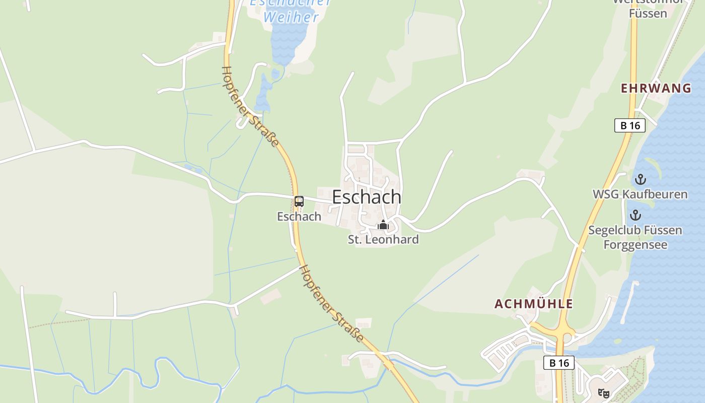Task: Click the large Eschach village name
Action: (x=367, y=197)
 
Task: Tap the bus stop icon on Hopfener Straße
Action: (x=299, y=201)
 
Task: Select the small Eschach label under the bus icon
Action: (x=299, y=217)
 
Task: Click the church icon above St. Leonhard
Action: (x=383, y=225)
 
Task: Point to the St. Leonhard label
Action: (x=383, y=239)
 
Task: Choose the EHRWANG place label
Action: (x=656, y=89)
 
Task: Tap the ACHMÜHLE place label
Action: (x=534, y=304)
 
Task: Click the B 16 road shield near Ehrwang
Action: (x=630, y=125)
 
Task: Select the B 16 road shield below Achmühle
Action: (x=559, y=363)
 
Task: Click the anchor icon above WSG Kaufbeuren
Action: (x=640, y=179)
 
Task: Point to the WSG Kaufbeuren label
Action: (x=640, y=194)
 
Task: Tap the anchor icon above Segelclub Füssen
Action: (x=636, y=216)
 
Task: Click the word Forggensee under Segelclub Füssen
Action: (x=636, y=245)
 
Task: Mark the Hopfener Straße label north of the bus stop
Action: (x=250, y=107)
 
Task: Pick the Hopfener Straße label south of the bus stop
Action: (x=332, y=304)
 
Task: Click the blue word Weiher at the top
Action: (x=291, y=17)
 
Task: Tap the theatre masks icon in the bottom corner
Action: (x=603, y=393)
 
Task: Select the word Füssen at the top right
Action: (x=648, y=14)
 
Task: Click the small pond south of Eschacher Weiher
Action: (x=263, y=93)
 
